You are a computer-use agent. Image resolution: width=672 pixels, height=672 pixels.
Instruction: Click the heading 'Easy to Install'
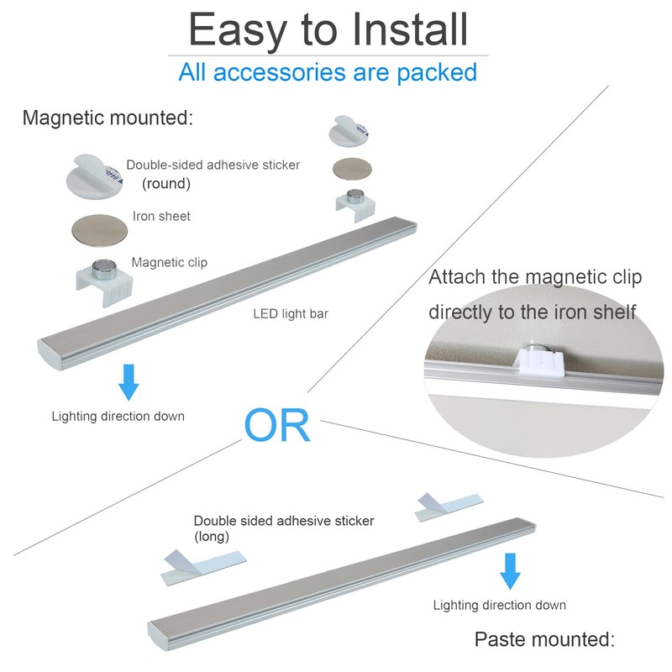pyautogui.click(x=328, y=29)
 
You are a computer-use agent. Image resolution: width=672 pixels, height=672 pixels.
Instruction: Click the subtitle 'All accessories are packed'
pyautogui.click(x=328, y=71)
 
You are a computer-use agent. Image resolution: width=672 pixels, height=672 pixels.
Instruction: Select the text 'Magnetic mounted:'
pyautogui.click(x=108, y=118)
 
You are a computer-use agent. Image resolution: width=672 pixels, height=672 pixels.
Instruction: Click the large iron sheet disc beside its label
pyautogui.click(x=99, y=228)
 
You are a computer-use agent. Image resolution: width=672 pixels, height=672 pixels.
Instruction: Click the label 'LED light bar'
pyautogui.click(x=291, y=314)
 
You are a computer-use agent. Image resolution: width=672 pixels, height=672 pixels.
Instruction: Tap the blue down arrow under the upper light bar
pyautogui.click(x=129, y=381)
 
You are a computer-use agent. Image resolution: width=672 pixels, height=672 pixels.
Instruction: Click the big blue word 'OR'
pyautogui.click(x=277, y=427)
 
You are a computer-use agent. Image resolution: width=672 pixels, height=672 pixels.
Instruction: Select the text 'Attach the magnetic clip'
pyautogui.click(x=535, y=277)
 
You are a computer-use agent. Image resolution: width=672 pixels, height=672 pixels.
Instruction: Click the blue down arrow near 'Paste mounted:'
pyautogui.click(x=509, y=571)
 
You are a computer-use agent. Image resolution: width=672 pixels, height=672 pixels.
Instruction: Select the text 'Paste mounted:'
pyautogui.click(x=545, y=639)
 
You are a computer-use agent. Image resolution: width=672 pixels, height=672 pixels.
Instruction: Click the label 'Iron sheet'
pyautogui.click(x=161, y=217)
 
